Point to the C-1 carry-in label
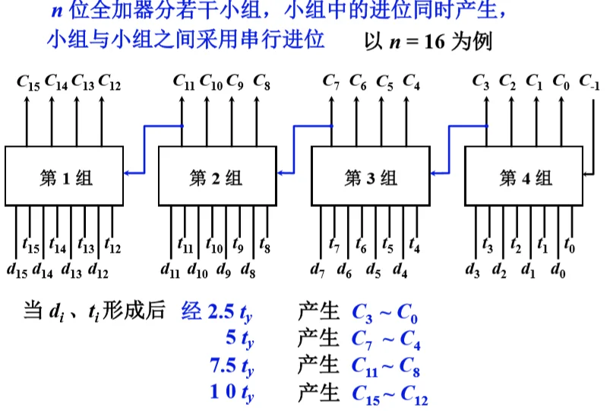[x=589, y=81]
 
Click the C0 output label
[x=561, y=81]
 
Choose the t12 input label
[x=112, y=247]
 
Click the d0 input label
[x=558, y=268]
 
